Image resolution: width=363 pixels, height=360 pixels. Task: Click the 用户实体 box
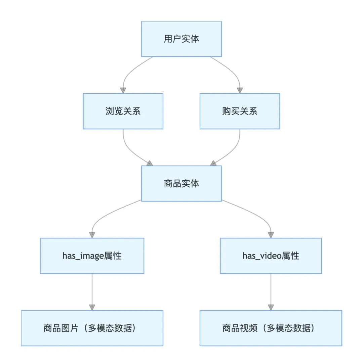point(181,39)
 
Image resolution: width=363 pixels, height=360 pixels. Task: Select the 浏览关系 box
point(123,111)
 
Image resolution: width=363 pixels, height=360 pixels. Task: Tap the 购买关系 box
point(240,111)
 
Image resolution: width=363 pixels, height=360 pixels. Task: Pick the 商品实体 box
point(181,183)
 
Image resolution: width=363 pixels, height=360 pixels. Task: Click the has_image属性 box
point(92,256)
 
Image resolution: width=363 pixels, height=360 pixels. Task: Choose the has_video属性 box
point(271,256)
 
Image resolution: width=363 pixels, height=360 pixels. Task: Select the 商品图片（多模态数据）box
point(92,328)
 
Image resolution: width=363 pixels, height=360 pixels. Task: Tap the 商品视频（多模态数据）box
point(271,328)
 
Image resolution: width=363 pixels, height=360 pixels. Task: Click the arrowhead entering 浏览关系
point(123,90)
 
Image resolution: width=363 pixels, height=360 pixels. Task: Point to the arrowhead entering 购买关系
point(240,90)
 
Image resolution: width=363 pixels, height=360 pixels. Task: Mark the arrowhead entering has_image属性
point(92,235)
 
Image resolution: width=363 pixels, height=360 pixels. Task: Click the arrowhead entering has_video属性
point(271,235)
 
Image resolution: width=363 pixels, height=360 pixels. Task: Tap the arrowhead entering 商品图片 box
point(92,307)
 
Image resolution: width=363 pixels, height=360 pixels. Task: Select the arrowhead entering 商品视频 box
point(271,307)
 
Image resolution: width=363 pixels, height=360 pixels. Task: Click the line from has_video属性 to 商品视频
point(271,289)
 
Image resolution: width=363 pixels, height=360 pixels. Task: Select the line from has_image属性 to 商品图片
point(92,289)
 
